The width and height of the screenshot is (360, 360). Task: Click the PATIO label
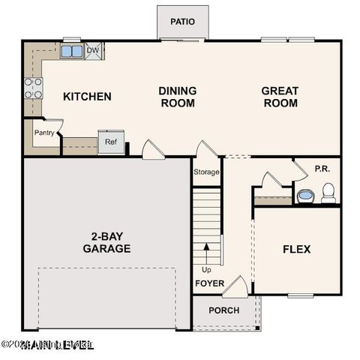tap(182, 22)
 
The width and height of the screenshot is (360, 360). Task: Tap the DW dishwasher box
tap(94, 51)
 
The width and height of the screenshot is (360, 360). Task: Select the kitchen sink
tap(72, 51)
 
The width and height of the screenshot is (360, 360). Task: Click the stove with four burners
tap(33, 88)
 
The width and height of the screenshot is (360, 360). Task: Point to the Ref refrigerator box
tap(110, 142)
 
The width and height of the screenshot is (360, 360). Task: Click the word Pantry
tap(43, 132)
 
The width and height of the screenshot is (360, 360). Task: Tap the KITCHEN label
tap(87, 96)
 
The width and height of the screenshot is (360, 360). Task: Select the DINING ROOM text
tap(178, 97)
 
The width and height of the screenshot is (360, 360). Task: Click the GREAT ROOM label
tap(280, 97)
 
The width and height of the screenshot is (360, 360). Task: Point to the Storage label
tap(207, 172)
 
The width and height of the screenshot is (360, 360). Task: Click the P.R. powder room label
tap(322, 169)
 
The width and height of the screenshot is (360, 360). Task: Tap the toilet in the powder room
tap(328, 194)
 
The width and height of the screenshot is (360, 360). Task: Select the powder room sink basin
tap(305, 196)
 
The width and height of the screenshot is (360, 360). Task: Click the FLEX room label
tap(296, 249)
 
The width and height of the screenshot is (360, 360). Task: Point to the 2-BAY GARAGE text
tap(106, 242)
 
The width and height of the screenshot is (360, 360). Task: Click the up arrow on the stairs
tap(207, 251)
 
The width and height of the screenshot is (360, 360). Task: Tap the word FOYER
tap(209, 283)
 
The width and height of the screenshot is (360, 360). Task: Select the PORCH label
tap(223, 310)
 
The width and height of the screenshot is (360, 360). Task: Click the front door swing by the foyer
tap(235, 286)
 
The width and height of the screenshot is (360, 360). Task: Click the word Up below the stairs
tap(206, 269)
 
